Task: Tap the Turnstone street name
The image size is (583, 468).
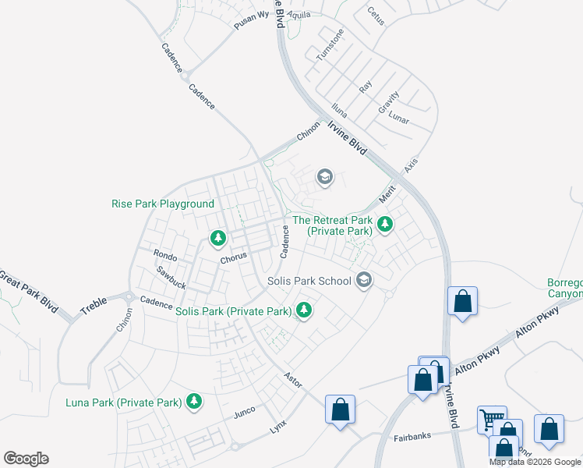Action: coord(330,47)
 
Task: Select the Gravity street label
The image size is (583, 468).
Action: coord(389,100)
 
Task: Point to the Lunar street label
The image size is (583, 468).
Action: coord(399,119)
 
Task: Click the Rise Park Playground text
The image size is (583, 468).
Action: coord(163,204)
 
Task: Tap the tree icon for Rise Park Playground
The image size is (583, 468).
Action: coord(219,237)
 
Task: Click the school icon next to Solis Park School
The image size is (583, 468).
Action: coord(363,280)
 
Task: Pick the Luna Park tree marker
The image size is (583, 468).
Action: coord(193,402)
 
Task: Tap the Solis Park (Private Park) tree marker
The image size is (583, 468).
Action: coord(304,311)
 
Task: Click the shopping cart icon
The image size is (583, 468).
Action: coord(492,420)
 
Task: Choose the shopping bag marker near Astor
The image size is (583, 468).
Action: coord(340,409)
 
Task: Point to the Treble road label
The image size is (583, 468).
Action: coord(93,306)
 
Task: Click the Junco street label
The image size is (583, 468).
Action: coord(245,413)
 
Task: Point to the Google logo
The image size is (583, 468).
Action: coord(26,459)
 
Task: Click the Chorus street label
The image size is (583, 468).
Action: coord(233,256)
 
